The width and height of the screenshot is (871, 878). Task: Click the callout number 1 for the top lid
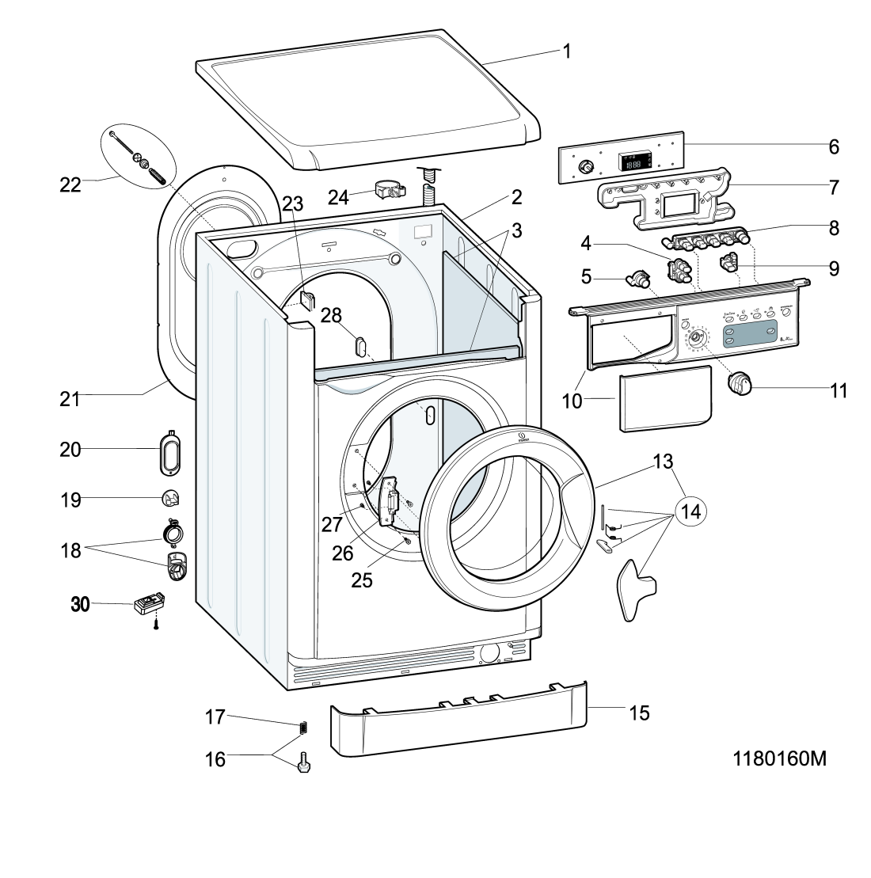[567, 51]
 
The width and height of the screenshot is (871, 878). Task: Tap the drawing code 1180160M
[780, 758]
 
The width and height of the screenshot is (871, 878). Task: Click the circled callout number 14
[691, 511]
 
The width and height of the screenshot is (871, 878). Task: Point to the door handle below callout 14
[637, 589]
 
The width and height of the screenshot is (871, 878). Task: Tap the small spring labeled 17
[302, 727]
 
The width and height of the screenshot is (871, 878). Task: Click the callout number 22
[70, 184]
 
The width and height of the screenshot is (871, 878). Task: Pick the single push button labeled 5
[638, 278]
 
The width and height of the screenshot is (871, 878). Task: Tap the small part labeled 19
[171, 499]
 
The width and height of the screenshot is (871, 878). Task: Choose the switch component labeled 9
[728, 260]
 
